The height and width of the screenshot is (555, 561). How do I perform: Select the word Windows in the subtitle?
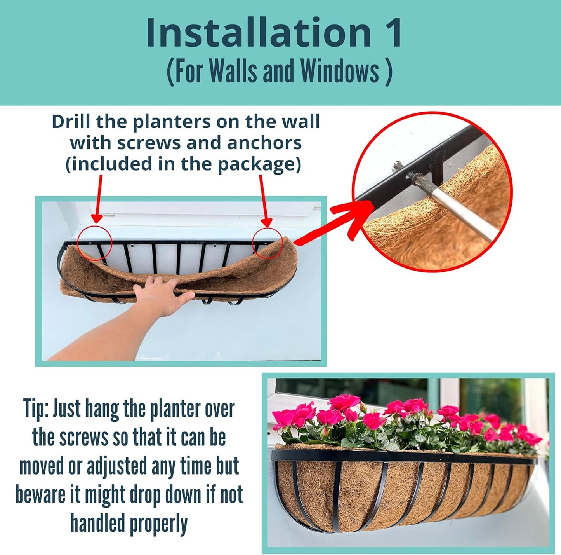340,72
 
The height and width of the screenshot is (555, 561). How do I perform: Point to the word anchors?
264,143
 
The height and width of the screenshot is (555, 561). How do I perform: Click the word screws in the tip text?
83,438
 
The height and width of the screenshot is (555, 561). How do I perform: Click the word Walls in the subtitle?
233,72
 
